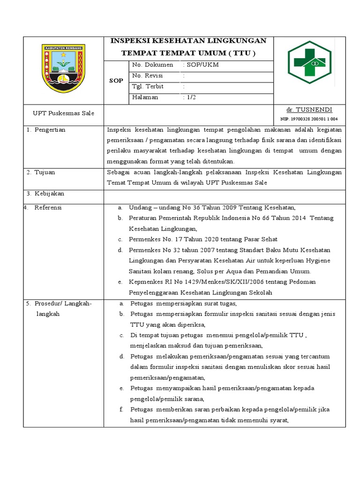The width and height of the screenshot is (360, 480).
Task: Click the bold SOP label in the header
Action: (x=116, y=81)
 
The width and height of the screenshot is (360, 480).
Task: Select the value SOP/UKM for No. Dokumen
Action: (x=202, y=65)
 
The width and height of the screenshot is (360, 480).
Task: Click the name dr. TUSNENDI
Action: (x=309, y=109)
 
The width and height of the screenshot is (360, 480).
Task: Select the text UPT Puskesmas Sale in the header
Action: (x=63, y=113)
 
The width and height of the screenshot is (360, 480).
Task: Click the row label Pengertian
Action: (x=49, y=130)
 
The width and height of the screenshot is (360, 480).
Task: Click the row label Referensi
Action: (x=48, y=208)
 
